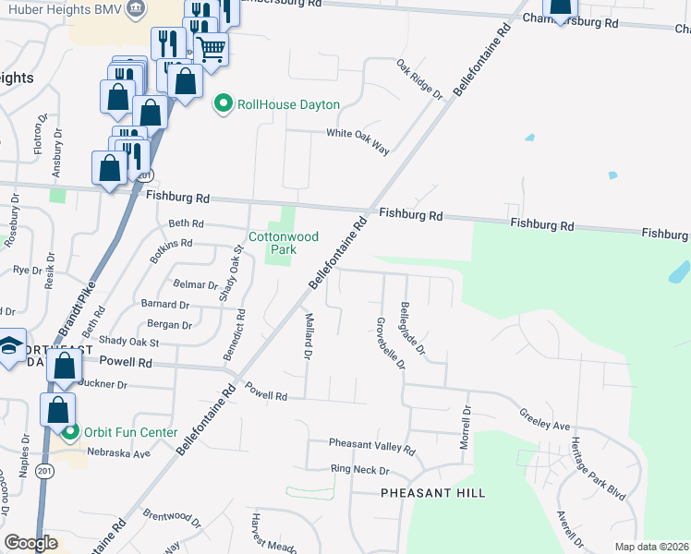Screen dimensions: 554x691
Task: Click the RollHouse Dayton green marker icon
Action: (223, 104)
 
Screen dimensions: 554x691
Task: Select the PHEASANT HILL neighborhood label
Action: (433, 494)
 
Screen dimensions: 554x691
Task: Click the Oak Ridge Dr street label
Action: (419, 78)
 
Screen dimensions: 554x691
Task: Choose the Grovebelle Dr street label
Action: (389, 343)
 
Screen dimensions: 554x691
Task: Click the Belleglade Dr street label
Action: (413, 328)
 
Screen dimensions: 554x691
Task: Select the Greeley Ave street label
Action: (544, 420)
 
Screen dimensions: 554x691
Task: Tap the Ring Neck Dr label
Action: (360, 471)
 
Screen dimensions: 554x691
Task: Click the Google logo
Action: (30, 543)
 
